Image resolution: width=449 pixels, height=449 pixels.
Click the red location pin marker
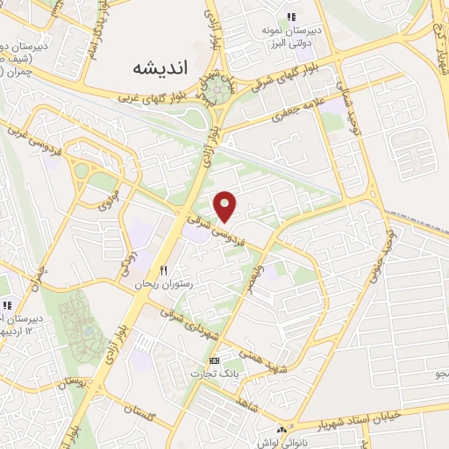(227, 206)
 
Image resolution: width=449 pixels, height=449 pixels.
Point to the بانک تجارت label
(214, 374)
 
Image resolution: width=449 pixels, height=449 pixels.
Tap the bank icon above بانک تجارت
(214, 360)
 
